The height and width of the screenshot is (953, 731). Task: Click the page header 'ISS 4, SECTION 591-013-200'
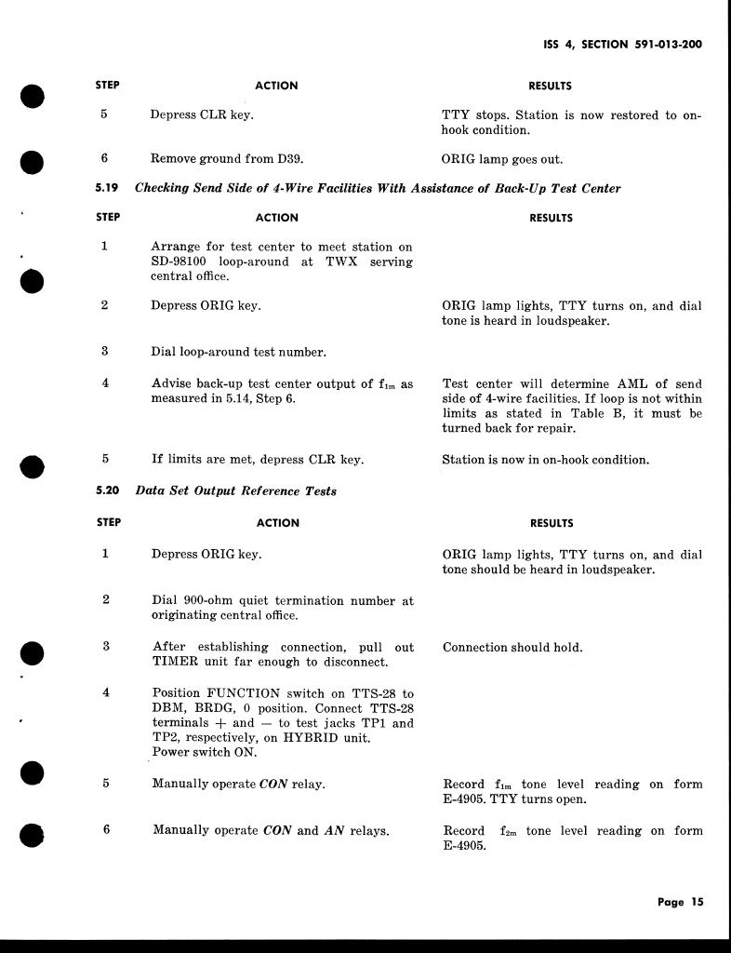(x=621, y=44)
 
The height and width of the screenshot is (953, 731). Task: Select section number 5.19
(x=107, y=188)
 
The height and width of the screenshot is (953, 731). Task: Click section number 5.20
(x=107, y=490)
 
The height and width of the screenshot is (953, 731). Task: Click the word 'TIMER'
(x=177, y=662)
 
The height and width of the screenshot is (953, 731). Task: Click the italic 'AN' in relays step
(x=334, y=830)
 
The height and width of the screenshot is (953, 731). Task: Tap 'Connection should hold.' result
(x=512, y=648)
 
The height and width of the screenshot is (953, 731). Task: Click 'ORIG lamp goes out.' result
(x=501, y=159)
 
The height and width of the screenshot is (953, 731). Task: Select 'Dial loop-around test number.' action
(x=238, y=353)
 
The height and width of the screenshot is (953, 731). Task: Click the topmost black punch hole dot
(x=33, y=96)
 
